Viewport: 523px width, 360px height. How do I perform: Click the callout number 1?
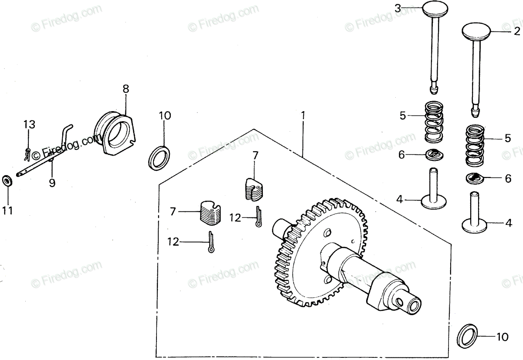(x=302, y=116)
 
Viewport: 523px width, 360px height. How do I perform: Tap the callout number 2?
(x=516, y=31)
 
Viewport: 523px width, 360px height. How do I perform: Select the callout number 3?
(x=397, y=8)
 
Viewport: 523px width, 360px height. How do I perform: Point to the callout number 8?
(x=126, y=89)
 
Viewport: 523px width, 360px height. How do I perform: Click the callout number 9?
(x=52, y=183)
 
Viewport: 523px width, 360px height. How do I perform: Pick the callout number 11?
(x=7, y=211)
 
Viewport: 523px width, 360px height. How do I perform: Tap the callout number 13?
(x=29, y=125)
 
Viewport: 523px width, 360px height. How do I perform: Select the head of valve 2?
(x=476, y=31)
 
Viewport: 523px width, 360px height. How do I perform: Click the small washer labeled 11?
(x=7, y=180)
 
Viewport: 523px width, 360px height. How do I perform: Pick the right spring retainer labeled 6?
(x=475, y=178)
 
